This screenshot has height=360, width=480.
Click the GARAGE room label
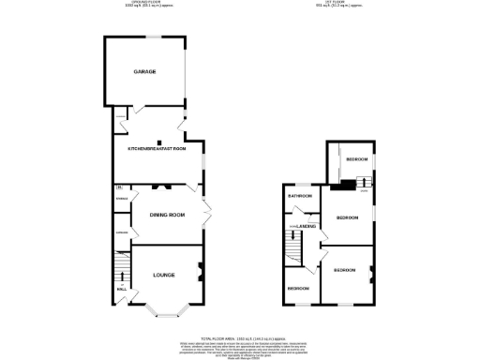[x=143, y=71]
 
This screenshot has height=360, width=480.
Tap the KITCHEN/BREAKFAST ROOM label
[x=157, y=148]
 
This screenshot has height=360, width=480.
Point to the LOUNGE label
[x=165, y=275]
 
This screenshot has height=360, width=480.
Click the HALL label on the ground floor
[x=120, y=290]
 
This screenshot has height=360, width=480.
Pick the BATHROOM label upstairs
[x=299, y=196]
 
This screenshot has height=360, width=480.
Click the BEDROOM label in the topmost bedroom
[x=356, y=160]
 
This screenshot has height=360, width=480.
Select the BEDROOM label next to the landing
[x=348, y=217]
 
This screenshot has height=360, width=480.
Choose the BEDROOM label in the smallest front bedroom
[x=298, y=288]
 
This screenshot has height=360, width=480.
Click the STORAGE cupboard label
[x=121, y=199]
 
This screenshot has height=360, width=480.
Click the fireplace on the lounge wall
[x=200, y=274]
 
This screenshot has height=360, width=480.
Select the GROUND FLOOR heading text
[x=145, y=4]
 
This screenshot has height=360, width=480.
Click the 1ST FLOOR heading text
[x=349, y=4]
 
